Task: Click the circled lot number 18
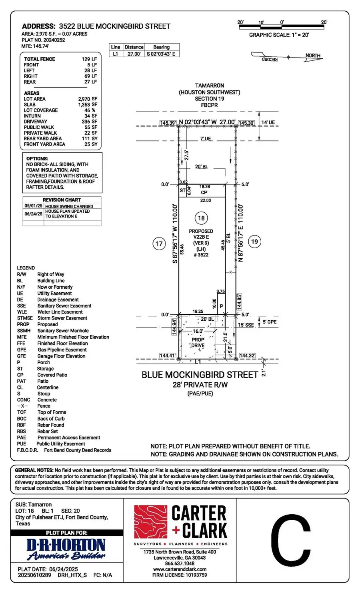pyautogui.click(x=201, y=218)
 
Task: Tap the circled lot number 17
pyautogui.click(x=159, y=243)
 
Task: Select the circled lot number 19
pyautogui.click(x=254, y=241)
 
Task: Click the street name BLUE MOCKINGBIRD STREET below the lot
pyautogui.click(x=200, y=375)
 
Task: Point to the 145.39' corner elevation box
pyautogui.click(x=168, y=123)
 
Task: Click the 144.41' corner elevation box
pyautogui.click(x=168, y=355)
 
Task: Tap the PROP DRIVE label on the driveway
pyautogui.click(x=198, y=343)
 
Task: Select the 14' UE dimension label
pyautogui.click(x=268, y=123)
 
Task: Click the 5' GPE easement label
pyautogui.click(x=269, y=321)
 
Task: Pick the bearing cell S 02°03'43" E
pyautogui.click(x=161, y=54)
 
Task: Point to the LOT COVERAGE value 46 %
pyautogui.click(x=90, y=110)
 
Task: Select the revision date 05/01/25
pyautogui.click(x=33, y=206)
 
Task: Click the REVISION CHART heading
pyautogui.click(x=62, y=200)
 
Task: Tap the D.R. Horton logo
pyautogui.click(x=66, y=549)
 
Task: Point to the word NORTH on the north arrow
pyautogui.click(x=313, y=56)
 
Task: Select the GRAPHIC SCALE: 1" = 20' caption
pyautogui.click(x=279, y=35)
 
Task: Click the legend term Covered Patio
pyautogui.click(x=52, y=375)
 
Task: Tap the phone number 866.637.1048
pyautogui.click(x=180, y=563)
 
